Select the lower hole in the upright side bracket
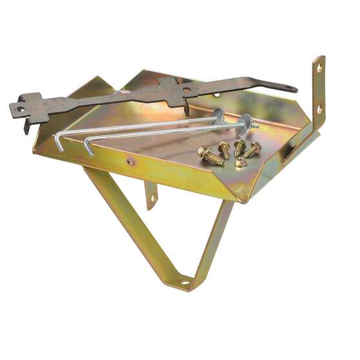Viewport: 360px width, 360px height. (319, 109)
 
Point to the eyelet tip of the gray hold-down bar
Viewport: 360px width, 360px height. (292, 88)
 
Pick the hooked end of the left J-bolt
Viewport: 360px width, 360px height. (58, 145)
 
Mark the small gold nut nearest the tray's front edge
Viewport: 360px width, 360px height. (240, 163)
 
